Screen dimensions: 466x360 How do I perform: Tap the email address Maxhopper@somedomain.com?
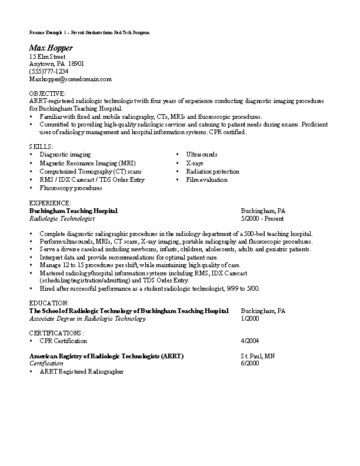coord(71,78)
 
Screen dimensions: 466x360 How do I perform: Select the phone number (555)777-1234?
coord(53,71)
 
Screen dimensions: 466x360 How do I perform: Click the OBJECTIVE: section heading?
coord(48,94)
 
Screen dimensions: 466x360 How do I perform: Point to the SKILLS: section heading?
coord(41,146)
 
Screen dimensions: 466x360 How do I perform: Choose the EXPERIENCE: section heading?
coord(50,203)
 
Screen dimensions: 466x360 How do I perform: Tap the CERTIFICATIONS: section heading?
coord(56,333)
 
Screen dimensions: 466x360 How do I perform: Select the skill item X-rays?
coord(195,163)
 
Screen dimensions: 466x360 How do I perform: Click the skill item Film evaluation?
coord(206,179)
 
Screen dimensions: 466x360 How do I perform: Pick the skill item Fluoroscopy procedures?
coord(71,188)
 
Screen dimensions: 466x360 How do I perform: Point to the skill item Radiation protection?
coord(212,171)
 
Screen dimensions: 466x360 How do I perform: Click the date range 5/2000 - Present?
coord(262,218)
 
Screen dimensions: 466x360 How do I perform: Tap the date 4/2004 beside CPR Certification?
coord(250,341)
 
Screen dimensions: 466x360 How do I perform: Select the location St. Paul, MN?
coord(258,357)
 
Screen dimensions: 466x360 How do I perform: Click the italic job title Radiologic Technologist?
coord(62,218)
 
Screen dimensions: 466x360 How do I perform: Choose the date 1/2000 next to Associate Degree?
coord(250,318)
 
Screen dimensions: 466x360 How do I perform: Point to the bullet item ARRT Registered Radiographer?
coord(81,372)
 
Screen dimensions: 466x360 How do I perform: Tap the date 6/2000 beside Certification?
coord(250,364)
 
